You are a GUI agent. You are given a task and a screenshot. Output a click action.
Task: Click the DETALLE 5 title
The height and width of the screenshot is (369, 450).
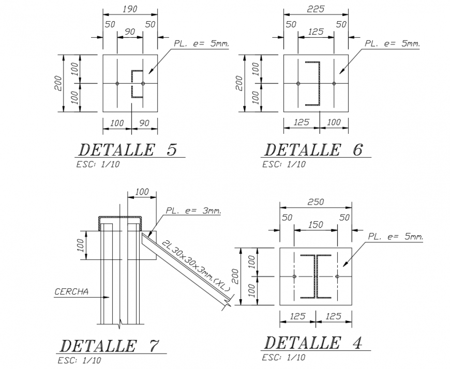tap(128, 150)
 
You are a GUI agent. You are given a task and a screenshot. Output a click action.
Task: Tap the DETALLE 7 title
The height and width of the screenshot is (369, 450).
tap(110, 345)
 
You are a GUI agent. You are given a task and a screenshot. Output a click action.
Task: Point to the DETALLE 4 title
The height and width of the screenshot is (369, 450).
tap(313, 342)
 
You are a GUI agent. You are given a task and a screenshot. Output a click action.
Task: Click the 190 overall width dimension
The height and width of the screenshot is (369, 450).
tap(129, 9)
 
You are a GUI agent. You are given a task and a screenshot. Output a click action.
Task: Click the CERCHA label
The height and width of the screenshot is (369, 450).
tap(71, 291)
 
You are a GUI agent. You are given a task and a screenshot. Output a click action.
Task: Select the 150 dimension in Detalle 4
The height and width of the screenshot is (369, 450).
tap(315, 225)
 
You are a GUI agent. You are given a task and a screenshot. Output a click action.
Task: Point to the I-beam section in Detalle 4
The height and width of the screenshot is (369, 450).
tap(316, 277)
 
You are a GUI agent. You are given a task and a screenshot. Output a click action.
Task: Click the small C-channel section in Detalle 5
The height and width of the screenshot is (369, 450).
tap(137, 83)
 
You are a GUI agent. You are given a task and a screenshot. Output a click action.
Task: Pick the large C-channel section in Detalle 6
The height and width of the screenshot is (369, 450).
tap(314, 83)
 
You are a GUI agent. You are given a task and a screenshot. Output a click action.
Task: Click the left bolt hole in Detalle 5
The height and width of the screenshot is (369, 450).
tap(118, 83)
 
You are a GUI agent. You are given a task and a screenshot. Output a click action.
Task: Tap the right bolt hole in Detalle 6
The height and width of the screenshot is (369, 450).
tap(334, 83)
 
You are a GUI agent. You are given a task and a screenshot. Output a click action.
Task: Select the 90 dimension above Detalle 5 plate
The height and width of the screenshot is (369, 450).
tap(129, 32)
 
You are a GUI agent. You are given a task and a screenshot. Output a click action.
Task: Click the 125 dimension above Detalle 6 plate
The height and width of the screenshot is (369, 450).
tap(315, 32)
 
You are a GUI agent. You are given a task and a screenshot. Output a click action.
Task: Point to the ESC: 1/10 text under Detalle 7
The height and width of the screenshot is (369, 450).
tap(80, 360)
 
